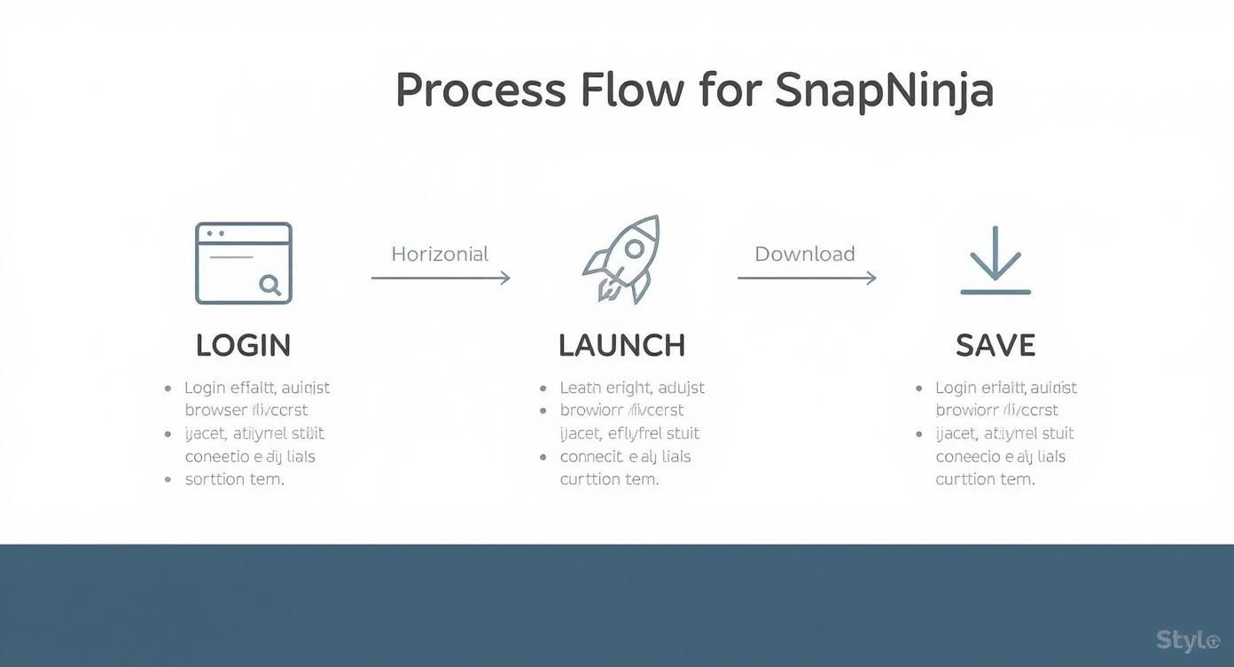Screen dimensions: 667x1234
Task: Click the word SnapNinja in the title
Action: click(884, 90)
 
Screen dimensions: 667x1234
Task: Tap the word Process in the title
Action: click(480, 90)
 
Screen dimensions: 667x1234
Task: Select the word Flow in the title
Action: click(632, 90)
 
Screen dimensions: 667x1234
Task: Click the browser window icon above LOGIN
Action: click(243, 263)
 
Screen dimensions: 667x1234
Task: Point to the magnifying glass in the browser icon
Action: click(269, 285)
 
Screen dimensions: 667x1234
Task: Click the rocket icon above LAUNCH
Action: click(622, 258)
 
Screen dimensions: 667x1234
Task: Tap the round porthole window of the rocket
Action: click(634, 249)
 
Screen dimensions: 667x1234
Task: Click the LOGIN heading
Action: click(243, 345)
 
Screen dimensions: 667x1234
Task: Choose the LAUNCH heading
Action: click(621, 345)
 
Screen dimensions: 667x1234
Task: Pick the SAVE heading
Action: click(996, 345)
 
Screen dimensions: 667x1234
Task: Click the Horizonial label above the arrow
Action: click(440, 255)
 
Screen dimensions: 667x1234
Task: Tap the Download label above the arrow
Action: click(804, 255)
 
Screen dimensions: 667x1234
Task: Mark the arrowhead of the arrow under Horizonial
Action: click(505, 278)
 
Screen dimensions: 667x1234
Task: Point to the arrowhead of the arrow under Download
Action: click(871, 278)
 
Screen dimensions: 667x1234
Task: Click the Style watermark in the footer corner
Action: click(1188, 640)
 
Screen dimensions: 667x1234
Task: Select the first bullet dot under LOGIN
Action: click(168, 388)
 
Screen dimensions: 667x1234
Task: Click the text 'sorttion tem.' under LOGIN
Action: click(234, 479)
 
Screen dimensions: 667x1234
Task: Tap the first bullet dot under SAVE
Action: click(919, 388)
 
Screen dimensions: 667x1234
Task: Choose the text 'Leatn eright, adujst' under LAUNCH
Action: click(632, 388)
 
